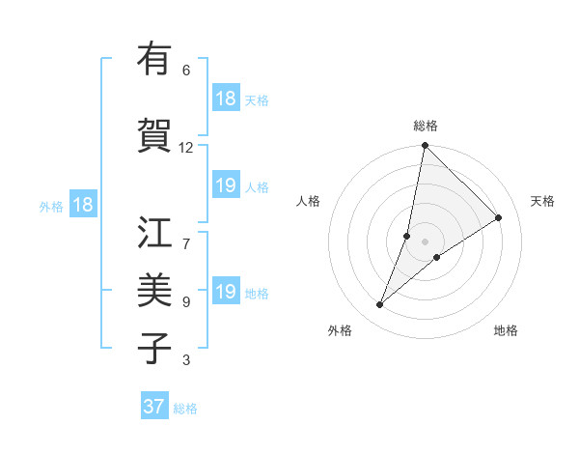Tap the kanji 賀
click(x=155, y=135)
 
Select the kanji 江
click(x=155, y=232)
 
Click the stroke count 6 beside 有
click(x=186, y=71)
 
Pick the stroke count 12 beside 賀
click(x=186, y=148)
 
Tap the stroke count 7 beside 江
click(x=186, y=233)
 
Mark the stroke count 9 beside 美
click(x=186, y=302)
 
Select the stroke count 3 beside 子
click(x=186, y=360)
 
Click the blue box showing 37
click(x=153, y=407)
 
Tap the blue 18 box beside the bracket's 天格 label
click(x=226, y=99)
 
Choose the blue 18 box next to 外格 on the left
click(x=82, y=205)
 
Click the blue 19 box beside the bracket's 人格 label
click(x=226, y=186)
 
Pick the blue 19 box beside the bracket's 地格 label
click(x=226, y=292)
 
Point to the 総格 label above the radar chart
click(x=426, y=126)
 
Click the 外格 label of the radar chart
click(x=340, y=330)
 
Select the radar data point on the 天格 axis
click(x=499, y=218)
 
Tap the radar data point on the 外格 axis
click(x=380, y=305)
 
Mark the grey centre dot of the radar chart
click(x=426, y=241)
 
